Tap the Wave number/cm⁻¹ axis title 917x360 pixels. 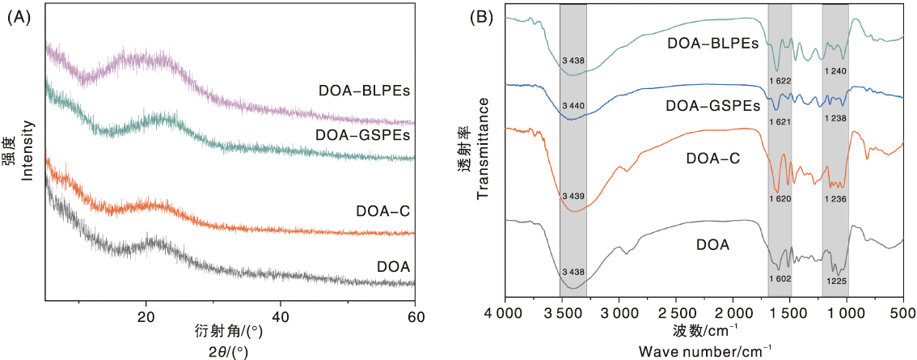705,350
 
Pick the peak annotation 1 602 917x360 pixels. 780,277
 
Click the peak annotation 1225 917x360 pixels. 835,281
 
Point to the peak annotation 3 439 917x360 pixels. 573,197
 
